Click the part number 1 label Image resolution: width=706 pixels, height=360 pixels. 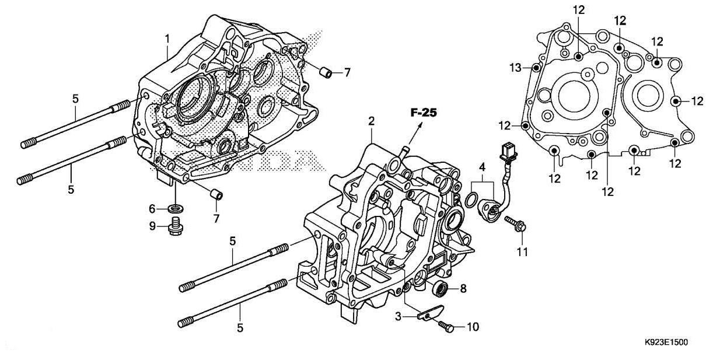167,39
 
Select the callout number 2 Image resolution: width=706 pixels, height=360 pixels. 371,121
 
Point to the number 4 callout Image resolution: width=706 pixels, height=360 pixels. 482,167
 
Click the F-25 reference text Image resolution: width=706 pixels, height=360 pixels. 423,113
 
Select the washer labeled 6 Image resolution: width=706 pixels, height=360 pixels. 174,208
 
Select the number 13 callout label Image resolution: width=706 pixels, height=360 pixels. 515,68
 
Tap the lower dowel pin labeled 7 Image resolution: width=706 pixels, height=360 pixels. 216,194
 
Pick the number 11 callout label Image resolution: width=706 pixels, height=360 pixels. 522,252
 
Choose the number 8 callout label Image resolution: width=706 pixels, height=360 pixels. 463,288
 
